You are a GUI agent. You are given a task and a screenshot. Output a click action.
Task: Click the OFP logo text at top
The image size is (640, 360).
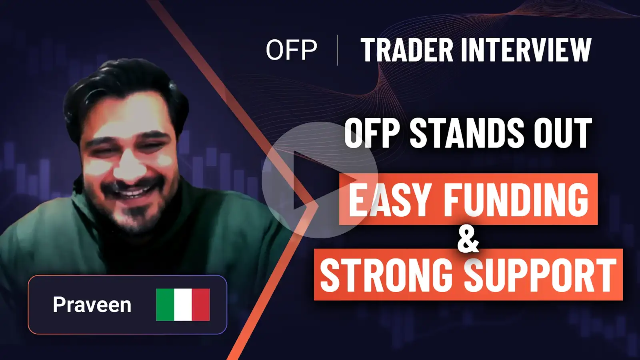click(291, 50)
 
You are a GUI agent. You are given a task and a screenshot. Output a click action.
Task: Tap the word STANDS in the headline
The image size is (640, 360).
click(466, 133)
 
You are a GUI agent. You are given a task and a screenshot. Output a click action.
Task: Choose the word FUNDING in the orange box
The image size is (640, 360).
click(516, 199)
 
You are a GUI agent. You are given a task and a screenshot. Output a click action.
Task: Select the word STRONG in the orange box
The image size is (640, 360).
click(386, 275)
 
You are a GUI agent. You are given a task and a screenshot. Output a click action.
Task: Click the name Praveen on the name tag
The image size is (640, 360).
click(92, 305)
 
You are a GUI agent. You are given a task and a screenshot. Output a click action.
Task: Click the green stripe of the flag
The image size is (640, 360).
click(165, 305)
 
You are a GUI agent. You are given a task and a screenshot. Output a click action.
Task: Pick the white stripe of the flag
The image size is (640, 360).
click(183, 305)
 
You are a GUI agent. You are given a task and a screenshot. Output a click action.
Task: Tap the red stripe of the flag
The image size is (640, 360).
click(201, 305)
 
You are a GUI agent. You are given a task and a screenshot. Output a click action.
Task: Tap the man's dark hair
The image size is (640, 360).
click(120, 80)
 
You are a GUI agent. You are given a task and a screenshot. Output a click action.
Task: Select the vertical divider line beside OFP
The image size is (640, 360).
click(338, 50)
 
